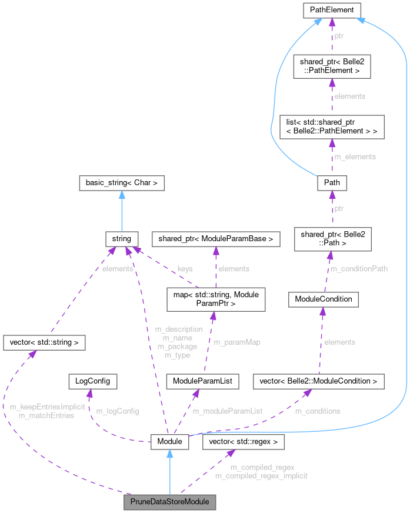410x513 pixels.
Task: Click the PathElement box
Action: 332,9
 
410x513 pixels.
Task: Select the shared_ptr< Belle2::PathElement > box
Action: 332,65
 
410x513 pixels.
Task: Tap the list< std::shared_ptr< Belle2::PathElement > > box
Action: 332,126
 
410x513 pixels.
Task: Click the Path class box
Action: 332,183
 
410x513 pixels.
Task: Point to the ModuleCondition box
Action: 323,299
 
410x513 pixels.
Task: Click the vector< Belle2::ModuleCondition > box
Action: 318,381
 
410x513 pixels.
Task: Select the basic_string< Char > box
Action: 121,183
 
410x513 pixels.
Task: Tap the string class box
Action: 121,239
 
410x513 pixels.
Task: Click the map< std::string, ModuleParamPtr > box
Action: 216,299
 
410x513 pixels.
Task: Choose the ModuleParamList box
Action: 202,381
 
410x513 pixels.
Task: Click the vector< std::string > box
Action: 45,342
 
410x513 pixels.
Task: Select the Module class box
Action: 169,441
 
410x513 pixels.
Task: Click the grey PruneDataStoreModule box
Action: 169,502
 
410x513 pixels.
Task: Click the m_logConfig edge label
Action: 118,411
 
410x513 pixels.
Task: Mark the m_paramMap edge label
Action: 236,342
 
